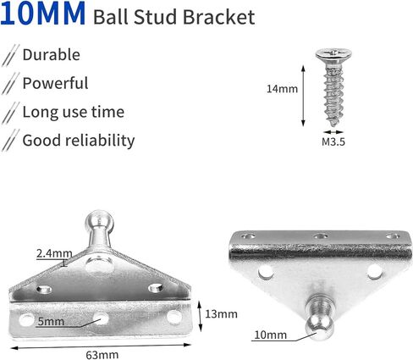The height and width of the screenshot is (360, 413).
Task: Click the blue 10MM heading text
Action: (x=43, y=14)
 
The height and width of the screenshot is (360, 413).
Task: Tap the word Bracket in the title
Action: (x=218, y=17)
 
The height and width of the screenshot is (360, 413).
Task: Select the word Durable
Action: (x=51, y=55)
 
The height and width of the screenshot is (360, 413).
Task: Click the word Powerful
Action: (x=55, y=83)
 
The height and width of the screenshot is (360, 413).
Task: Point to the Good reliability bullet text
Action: (x=79, y=141)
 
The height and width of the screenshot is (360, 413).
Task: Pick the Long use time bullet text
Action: (x=74, y=112)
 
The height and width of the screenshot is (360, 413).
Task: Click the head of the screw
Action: (x=333, y=55)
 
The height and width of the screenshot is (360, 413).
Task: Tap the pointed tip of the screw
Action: (x=333, y=125)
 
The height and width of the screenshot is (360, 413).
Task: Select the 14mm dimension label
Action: (x=282, y=89)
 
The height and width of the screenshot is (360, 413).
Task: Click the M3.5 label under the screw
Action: (x=333, y=141)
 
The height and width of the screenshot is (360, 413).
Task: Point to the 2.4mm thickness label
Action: (x=54, y=253)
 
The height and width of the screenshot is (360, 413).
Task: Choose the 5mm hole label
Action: (x=51, y=322)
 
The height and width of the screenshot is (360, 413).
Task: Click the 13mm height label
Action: (x=221, y=314)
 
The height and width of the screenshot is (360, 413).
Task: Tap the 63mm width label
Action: (x=102, y=355)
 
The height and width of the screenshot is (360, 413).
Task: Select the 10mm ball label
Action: (x=270, y=335)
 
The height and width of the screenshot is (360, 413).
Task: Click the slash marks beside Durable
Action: (x=10, y=55)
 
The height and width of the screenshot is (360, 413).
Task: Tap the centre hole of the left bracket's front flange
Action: (x=101, y=318)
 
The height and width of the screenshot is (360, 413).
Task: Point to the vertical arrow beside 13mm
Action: (x=200, y=316)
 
